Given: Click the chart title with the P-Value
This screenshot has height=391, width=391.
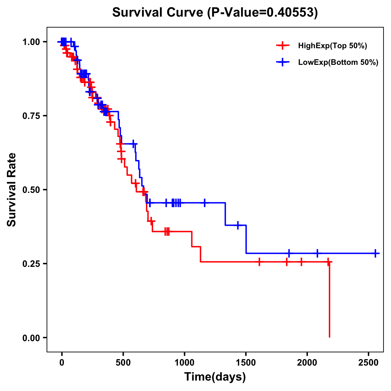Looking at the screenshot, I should tap(215, 12).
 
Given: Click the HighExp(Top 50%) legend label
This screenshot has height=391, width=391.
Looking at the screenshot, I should tap(332, 46).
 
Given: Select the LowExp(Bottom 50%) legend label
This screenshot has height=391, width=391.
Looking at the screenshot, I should tap(338, 63).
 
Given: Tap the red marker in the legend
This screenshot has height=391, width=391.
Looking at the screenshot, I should tap(282, 46).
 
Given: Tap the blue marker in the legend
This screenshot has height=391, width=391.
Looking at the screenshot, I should tap(282, 62).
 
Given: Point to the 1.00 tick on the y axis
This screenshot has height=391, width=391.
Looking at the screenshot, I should tap(31, 42).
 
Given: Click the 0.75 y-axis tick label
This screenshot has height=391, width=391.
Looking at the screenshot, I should tap(31, 116).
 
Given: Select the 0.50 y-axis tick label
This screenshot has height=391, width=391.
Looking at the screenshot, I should tap(31, 190).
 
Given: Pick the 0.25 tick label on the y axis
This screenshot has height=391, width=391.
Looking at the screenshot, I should tap(31, 264).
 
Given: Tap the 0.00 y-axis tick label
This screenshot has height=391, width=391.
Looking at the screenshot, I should tap(31, 338).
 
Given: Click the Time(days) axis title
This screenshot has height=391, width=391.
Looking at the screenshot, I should tap(215, 377).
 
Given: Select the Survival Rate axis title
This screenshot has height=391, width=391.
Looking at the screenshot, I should tap(12, 190).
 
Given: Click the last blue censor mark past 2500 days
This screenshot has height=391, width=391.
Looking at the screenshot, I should tap(375, 253).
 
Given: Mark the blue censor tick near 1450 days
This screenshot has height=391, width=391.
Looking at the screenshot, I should tap(238, 225).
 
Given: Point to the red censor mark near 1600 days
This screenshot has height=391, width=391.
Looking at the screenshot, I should tap(259, 262).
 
